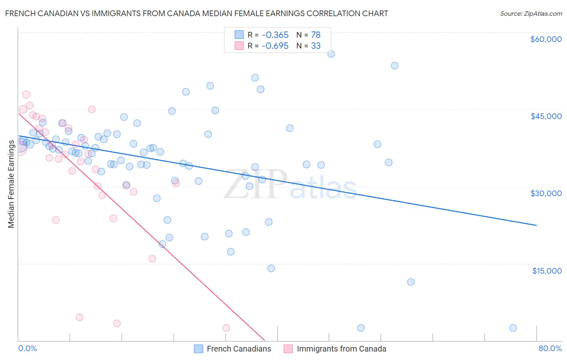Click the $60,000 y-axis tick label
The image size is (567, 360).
[x=546, y=39]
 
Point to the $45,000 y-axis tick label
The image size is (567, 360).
[x=546, y=116]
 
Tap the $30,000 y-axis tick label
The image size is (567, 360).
[x=546, y=193]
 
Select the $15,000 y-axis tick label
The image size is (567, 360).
[x=546, y=271]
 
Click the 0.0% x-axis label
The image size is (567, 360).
[x=27, y=348]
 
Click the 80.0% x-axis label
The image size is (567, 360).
[x=550, y=348]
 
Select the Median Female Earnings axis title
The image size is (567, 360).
[x=11, y=184]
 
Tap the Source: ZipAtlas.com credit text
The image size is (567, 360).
[x=531, y=13]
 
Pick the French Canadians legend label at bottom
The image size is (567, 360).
[x=239, y=349]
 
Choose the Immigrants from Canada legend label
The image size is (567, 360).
[x=341, y=349]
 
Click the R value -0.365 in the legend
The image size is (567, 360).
[x=275, y=35]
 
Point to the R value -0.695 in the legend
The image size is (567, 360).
[x=275, y=46]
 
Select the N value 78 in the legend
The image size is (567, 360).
[x=316, y=35]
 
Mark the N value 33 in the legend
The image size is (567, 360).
[x=316, y=46]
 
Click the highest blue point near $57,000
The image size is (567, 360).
[x=331, y=54]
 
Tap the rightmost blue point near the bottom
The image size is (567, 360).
[x=513, y=328]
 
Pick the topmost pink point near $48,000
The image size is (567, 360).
[x=26, y=94]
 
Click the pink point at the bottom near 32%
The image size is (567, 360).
[x=226, y=328]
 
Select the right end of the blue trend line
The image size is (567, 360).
[x=536, y=225]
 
